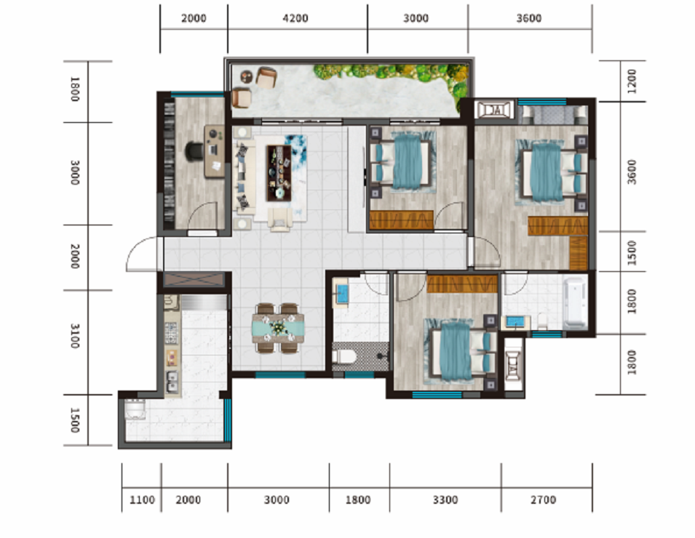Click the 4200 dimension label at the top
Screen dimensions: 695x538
tap(295, 18)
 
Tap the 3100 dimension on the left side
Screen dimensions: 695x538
tap(75, 336)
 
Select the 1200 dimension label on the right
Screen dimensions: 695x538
tap(632, 81)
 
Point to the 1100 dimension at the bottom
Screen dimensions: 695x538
tap(142, 500)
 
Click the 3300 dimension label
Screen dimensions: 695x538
tap(445, 500)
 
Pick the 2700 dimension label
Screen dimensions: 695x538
tap(543, 500)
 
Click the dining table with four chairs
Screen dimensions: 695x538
tap(278, 328)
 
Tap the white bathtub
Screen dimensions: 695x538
tap(575, 303)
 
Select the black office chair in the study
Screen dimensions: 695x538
tap(194, 150)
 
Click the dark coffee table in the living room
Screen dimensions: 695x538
tap(279, 173)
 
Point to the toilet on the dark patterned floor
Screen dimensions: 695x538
tap(344, 356)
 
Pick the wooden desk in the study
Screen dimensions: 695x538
tap(215, 151)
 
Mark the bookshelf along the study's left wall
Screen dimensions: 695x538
tap(170, 161)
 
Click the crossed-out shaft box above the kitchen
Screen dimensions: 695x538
tap(194, 280)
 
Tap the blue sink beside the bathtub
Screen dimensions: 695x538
tap(515, 322)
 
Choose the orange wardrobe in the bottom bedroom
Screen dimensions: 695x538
tap(462, 284)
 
